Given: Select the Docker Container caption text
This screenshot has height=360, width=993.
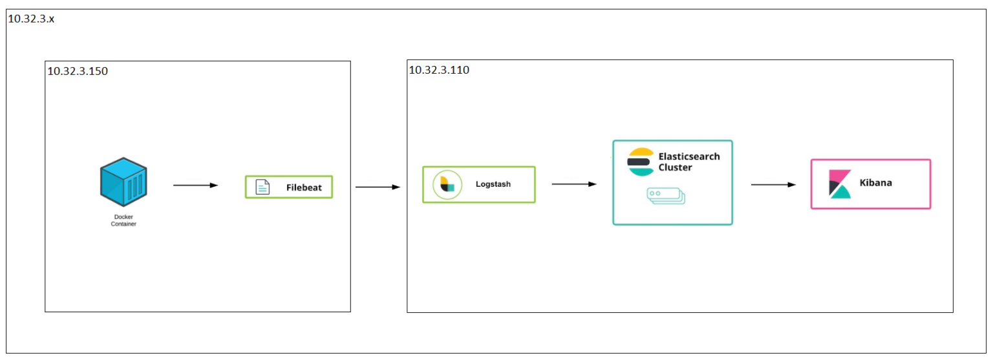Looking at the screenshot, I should click(123, 220).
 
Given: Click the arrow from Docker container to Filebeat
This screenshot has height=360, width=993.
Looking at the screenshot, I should click(195, 185).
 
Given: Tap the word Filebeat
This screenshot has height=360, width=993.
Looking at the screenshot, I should click(304, 187).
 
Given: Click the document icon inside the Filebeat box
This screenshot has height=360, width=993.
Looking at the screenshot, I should click(262, 187).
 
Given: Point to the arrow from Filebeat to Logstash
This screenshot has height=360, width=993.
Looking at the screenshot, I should click(378, 187).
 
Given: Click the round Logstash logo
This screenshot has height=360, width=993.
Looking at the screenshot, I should click(447, 184).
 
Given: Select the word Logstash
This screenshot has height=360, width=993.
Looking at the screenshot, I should click(493, 184).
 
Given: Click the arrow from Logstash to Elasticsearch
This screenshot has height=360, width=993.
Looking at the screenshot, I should click(573, 184).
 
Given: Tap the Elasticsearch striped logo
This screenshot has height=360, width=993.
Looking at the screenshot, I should click(641, 162).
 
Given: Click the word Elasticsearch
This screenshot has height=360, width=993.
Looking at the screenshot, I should click(689, 156).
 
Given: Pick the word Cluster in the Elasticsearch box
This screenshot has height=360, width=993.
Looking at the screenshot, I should click(675, 167).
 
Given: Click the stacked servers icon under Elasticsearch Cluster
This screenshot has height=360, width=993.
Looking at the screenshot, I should click(665, 196).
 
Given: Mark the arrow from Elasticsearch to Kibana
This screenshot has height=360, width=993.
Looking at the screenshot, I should click(773, 185).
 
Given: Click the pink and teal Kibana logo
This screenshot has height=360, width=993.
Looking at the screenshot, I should click(840, 184).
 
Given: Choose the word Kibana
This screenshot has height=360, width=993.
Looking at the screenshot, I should click(875, 183).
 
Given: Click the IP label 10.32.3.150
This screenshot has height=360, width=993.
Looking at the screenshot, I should click(78, 71).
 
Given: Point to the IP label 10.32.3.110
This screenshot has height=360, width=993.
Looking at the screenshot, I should click(439, 70).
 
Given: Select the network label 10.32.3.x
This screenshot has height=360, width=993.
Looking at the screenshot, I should click(31, 19).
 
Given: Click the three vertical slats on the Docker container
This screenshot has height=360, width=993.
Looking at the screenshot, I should click(134, 187).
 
